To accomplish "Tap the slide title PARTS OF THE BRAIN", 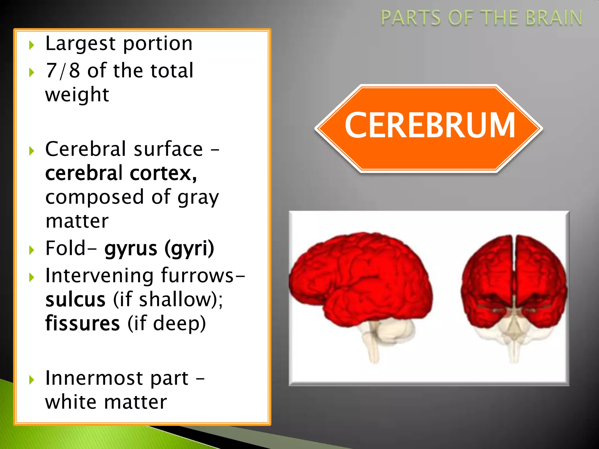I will (x=481, y=18).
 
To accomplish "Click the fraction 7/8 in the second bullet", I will (x=63, y=70).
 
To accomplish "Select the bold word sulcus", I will (x=75, y=300).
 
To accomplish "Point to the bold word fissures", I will (x=82, y=324).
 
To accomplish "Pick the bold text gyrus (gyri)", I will (x=159, y=248).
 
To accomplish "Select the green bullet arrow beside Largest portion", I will (x=32, y=45).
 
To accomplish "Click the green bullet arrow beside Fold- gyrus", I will (x=32, y=250).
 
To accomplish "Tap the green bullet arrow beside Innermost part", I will (x=32, y=380).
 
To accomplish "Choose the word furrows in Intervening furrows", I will (x=197, y=276).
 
